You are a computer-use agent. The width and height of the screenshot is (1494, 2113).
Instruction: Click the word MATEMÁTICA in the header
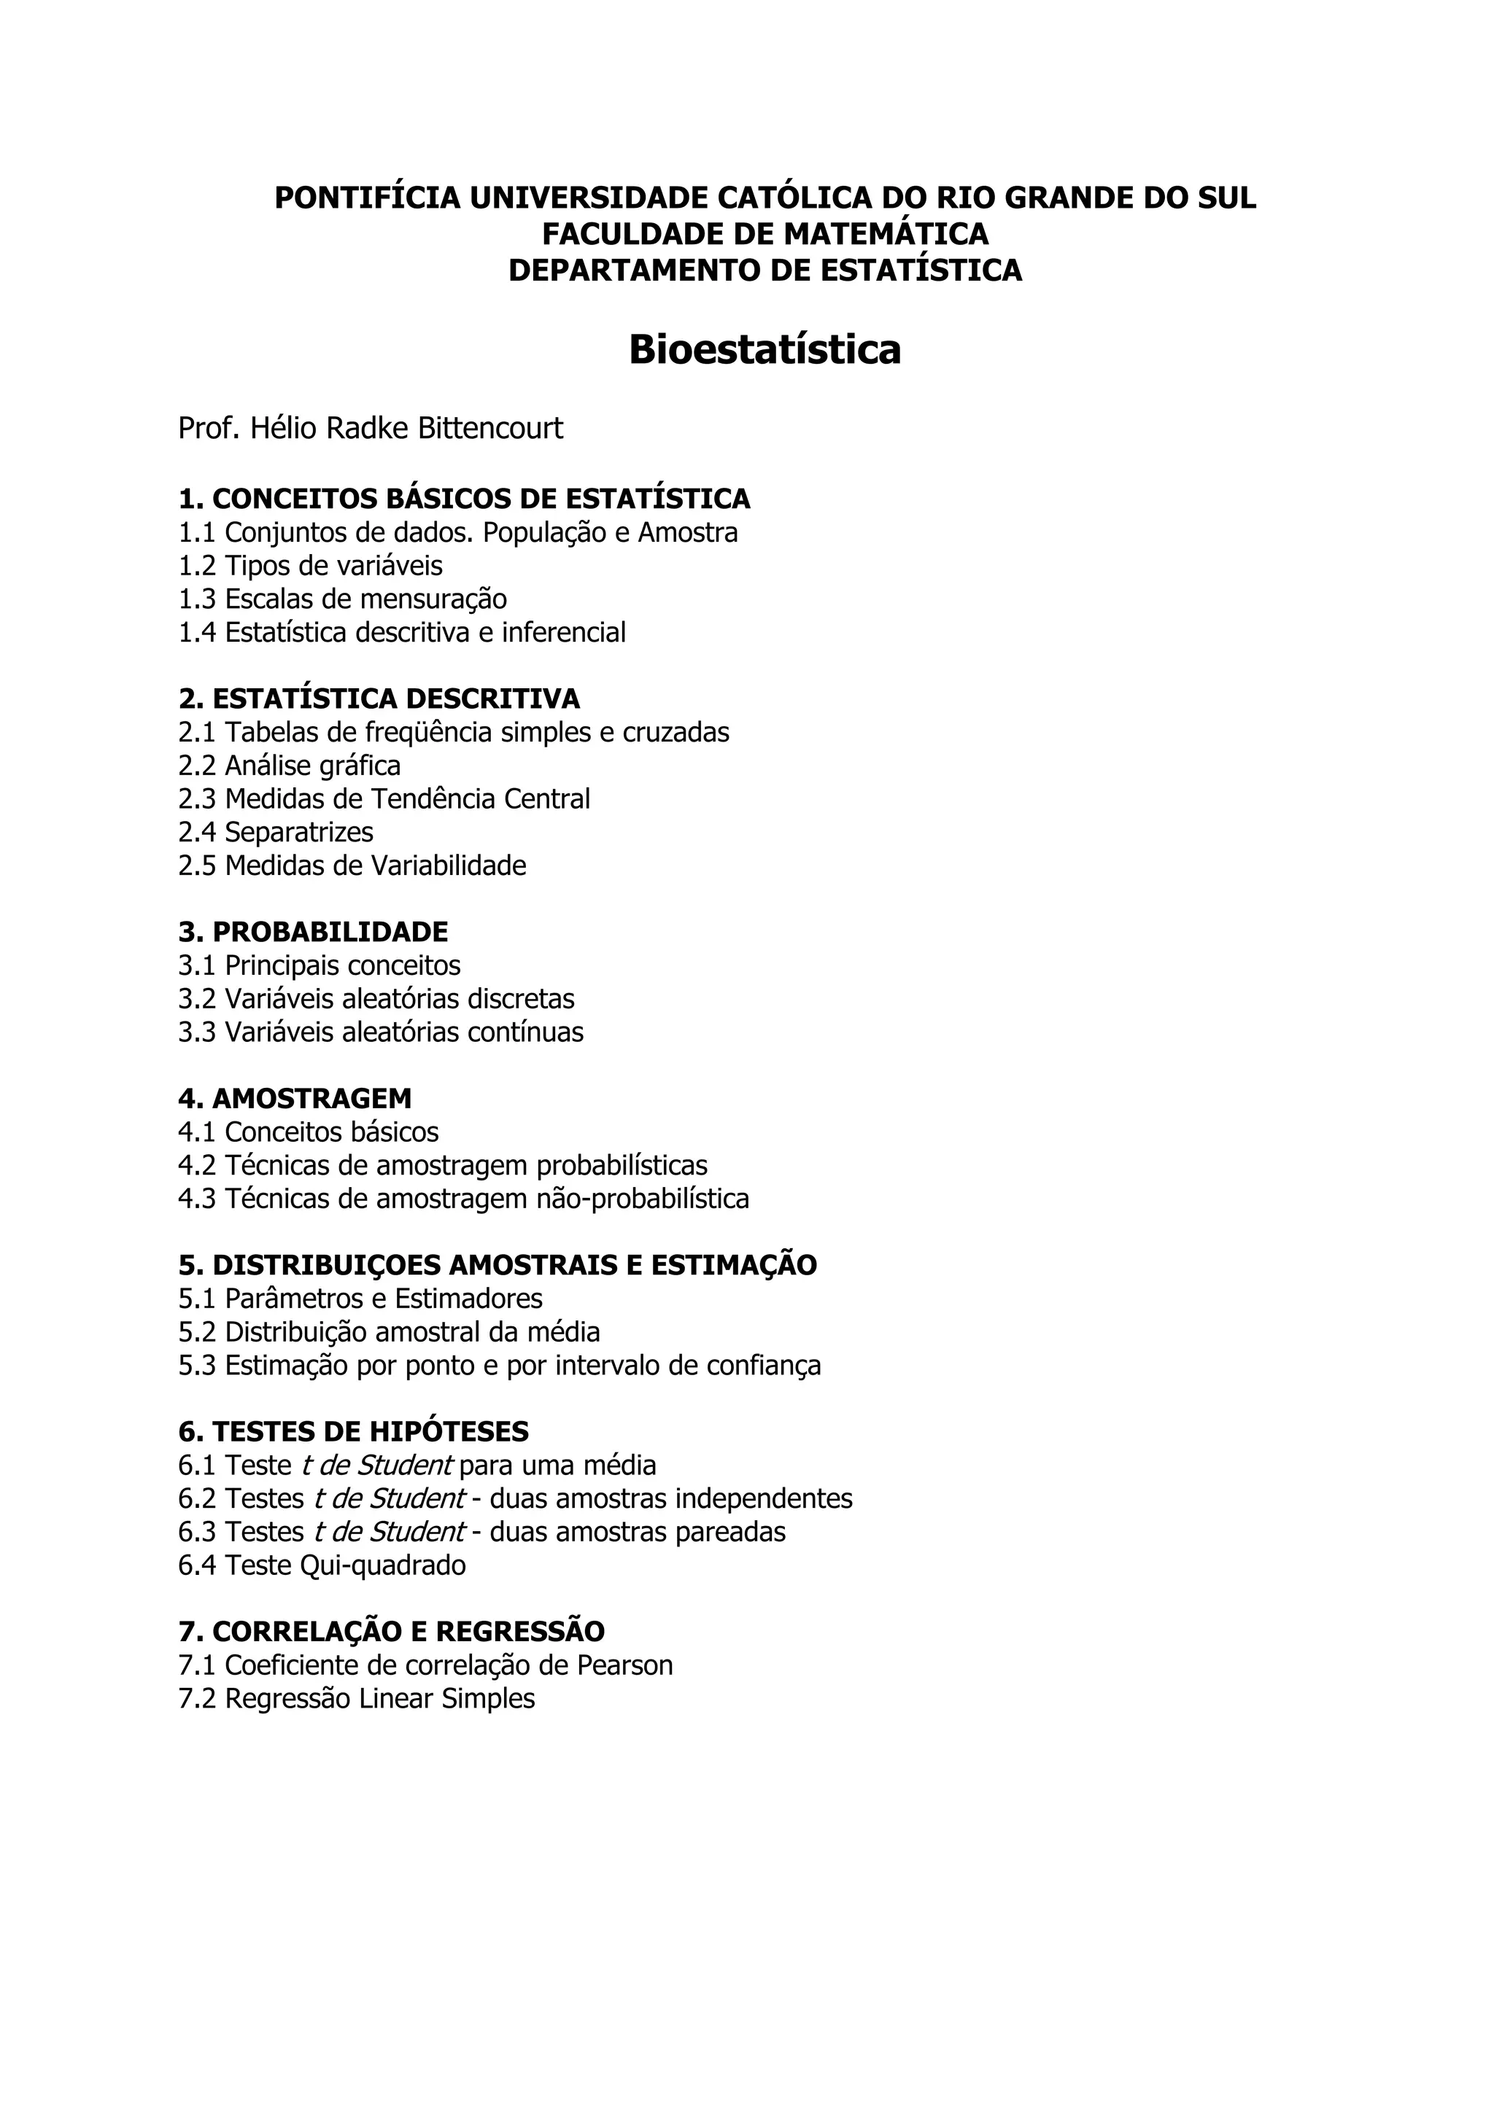(886, 234)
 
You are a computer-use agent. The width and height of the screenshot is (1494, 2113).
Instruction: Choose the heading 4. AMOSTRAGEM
(295, 1098)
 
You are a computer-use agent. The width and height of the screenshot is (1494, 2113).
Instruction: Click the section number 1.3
(197, 599)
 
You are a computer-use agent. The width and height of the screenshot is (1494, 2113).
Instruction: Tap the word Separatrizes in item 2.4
(299, 832)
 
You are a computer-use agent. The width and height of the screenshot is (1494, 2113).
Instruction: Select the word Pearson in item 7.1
(625, 1665)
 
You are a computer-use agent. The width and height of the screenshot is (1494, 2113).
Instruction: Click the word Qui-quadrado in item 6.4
(383, 1565)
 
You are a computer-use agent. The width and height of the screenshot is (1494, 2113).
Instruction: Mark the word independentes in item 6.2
(763, 1498)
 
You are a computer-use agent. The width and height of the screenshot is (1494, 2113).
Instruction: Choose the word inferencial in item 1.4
(563, 632)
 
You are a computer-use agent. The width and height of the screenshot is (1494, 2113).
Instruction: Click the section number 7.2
(197, 1698)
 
